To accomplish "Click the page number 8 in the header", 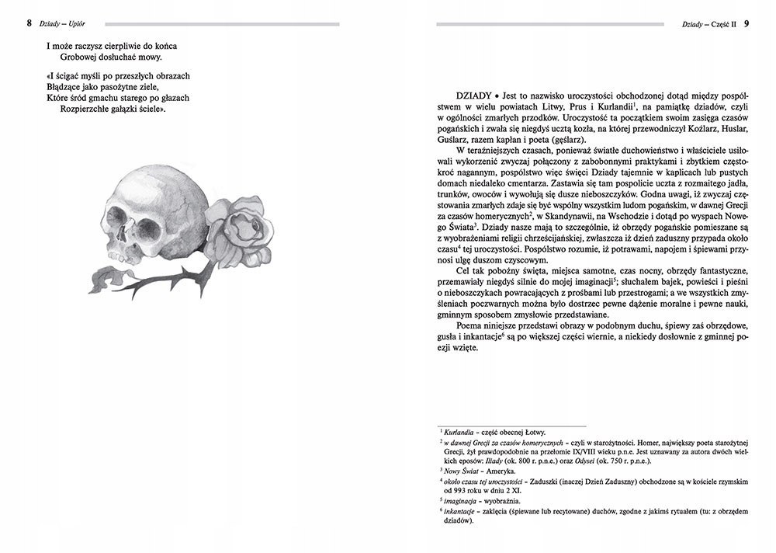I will click(x=29, y=23).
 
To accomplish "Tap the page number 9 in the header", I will click(x=746, y=23).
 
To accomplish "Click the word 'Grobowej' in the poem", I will click(x=80, y=56).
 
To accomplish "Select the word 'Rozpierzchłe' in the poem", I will click(x=88, y=109).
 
